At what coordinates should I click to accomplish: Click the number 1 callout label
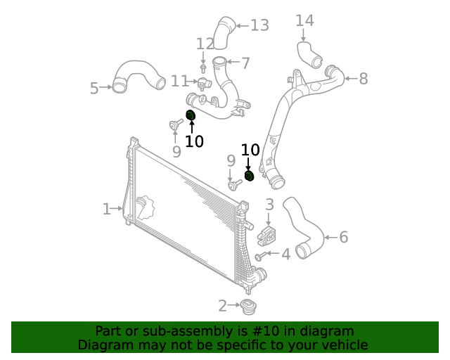106,209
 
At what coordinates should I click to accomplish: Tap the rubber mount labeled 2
247,307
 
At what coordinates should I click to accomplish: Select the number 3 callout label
269,205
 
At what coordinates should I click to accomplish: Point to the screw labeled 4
261,256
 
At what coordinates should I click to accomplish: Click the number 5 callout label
94,88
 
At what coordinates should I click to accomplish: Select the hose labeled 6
305,226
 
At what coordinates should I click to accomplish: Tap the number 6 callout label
343,237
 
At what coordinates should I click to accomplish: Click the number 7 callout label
245,63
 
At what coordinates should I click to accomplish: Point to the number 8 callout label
363,79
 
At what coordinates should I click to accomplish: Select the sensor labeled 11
204,84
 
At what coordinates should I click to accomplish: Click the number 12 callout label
205,44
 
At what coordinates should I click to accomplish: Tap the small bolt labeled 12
203,68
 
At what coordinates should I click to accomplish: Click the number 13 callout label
259,26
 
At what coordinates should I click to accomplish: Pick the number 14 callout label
304,20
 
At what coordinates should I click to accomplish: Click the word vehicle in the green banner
342,345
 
